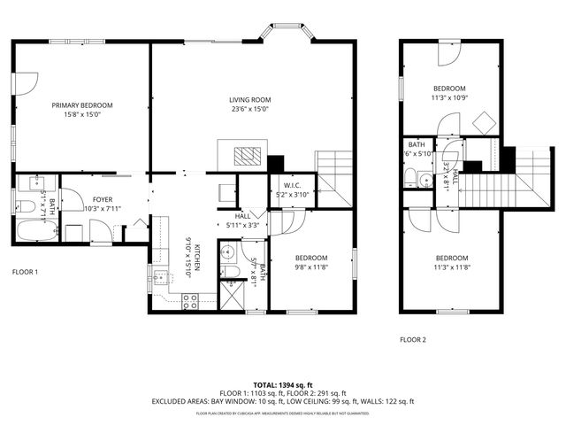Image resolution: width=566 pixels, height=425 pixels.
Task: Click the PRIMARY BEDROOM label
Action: point(82,104)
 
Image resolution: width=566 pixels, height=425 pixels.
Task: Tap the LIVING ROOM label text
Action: point(250,100)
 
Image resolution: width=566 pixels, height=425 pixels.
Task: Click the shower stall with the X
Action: point(233,295)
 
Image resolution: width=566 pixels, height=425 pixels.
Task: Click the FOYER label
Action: point(103,200)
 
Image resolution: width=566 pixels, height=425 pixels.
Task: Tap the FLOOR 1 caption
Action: point(25,272)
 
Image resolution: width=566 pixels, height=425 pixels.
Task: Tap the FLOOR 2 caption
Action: point(412,340)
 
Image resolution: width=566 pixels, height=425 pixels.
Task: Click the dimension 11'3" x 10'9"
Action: point(449,98)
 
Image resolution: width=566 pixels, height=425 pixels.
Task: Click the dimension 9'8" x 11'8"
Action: point(311,267)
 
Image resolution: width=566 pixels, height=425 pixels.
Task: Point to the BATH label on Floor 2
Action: point(416,144)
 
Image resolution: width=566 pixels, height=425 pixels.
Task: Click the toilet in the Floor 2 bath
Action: point(410,177)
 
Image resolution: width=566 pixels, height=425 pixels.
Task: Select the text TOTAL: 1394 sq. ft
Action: point(283,384)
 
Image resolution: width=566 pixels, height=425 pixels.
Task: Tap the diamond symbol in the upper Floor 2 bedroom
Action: point(484,121)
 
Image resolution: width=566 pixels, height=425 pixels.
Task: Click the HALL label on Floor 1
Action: point(243,216)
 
